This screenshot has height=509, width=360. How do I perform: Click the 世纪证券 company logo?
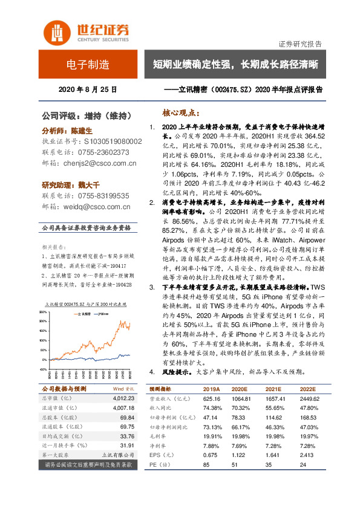point(85,32)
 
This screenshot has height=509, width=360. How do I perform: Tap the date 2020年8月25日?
point(87,89)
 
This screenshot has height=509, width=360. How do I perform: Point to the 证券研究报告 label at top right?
point(299,44)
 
